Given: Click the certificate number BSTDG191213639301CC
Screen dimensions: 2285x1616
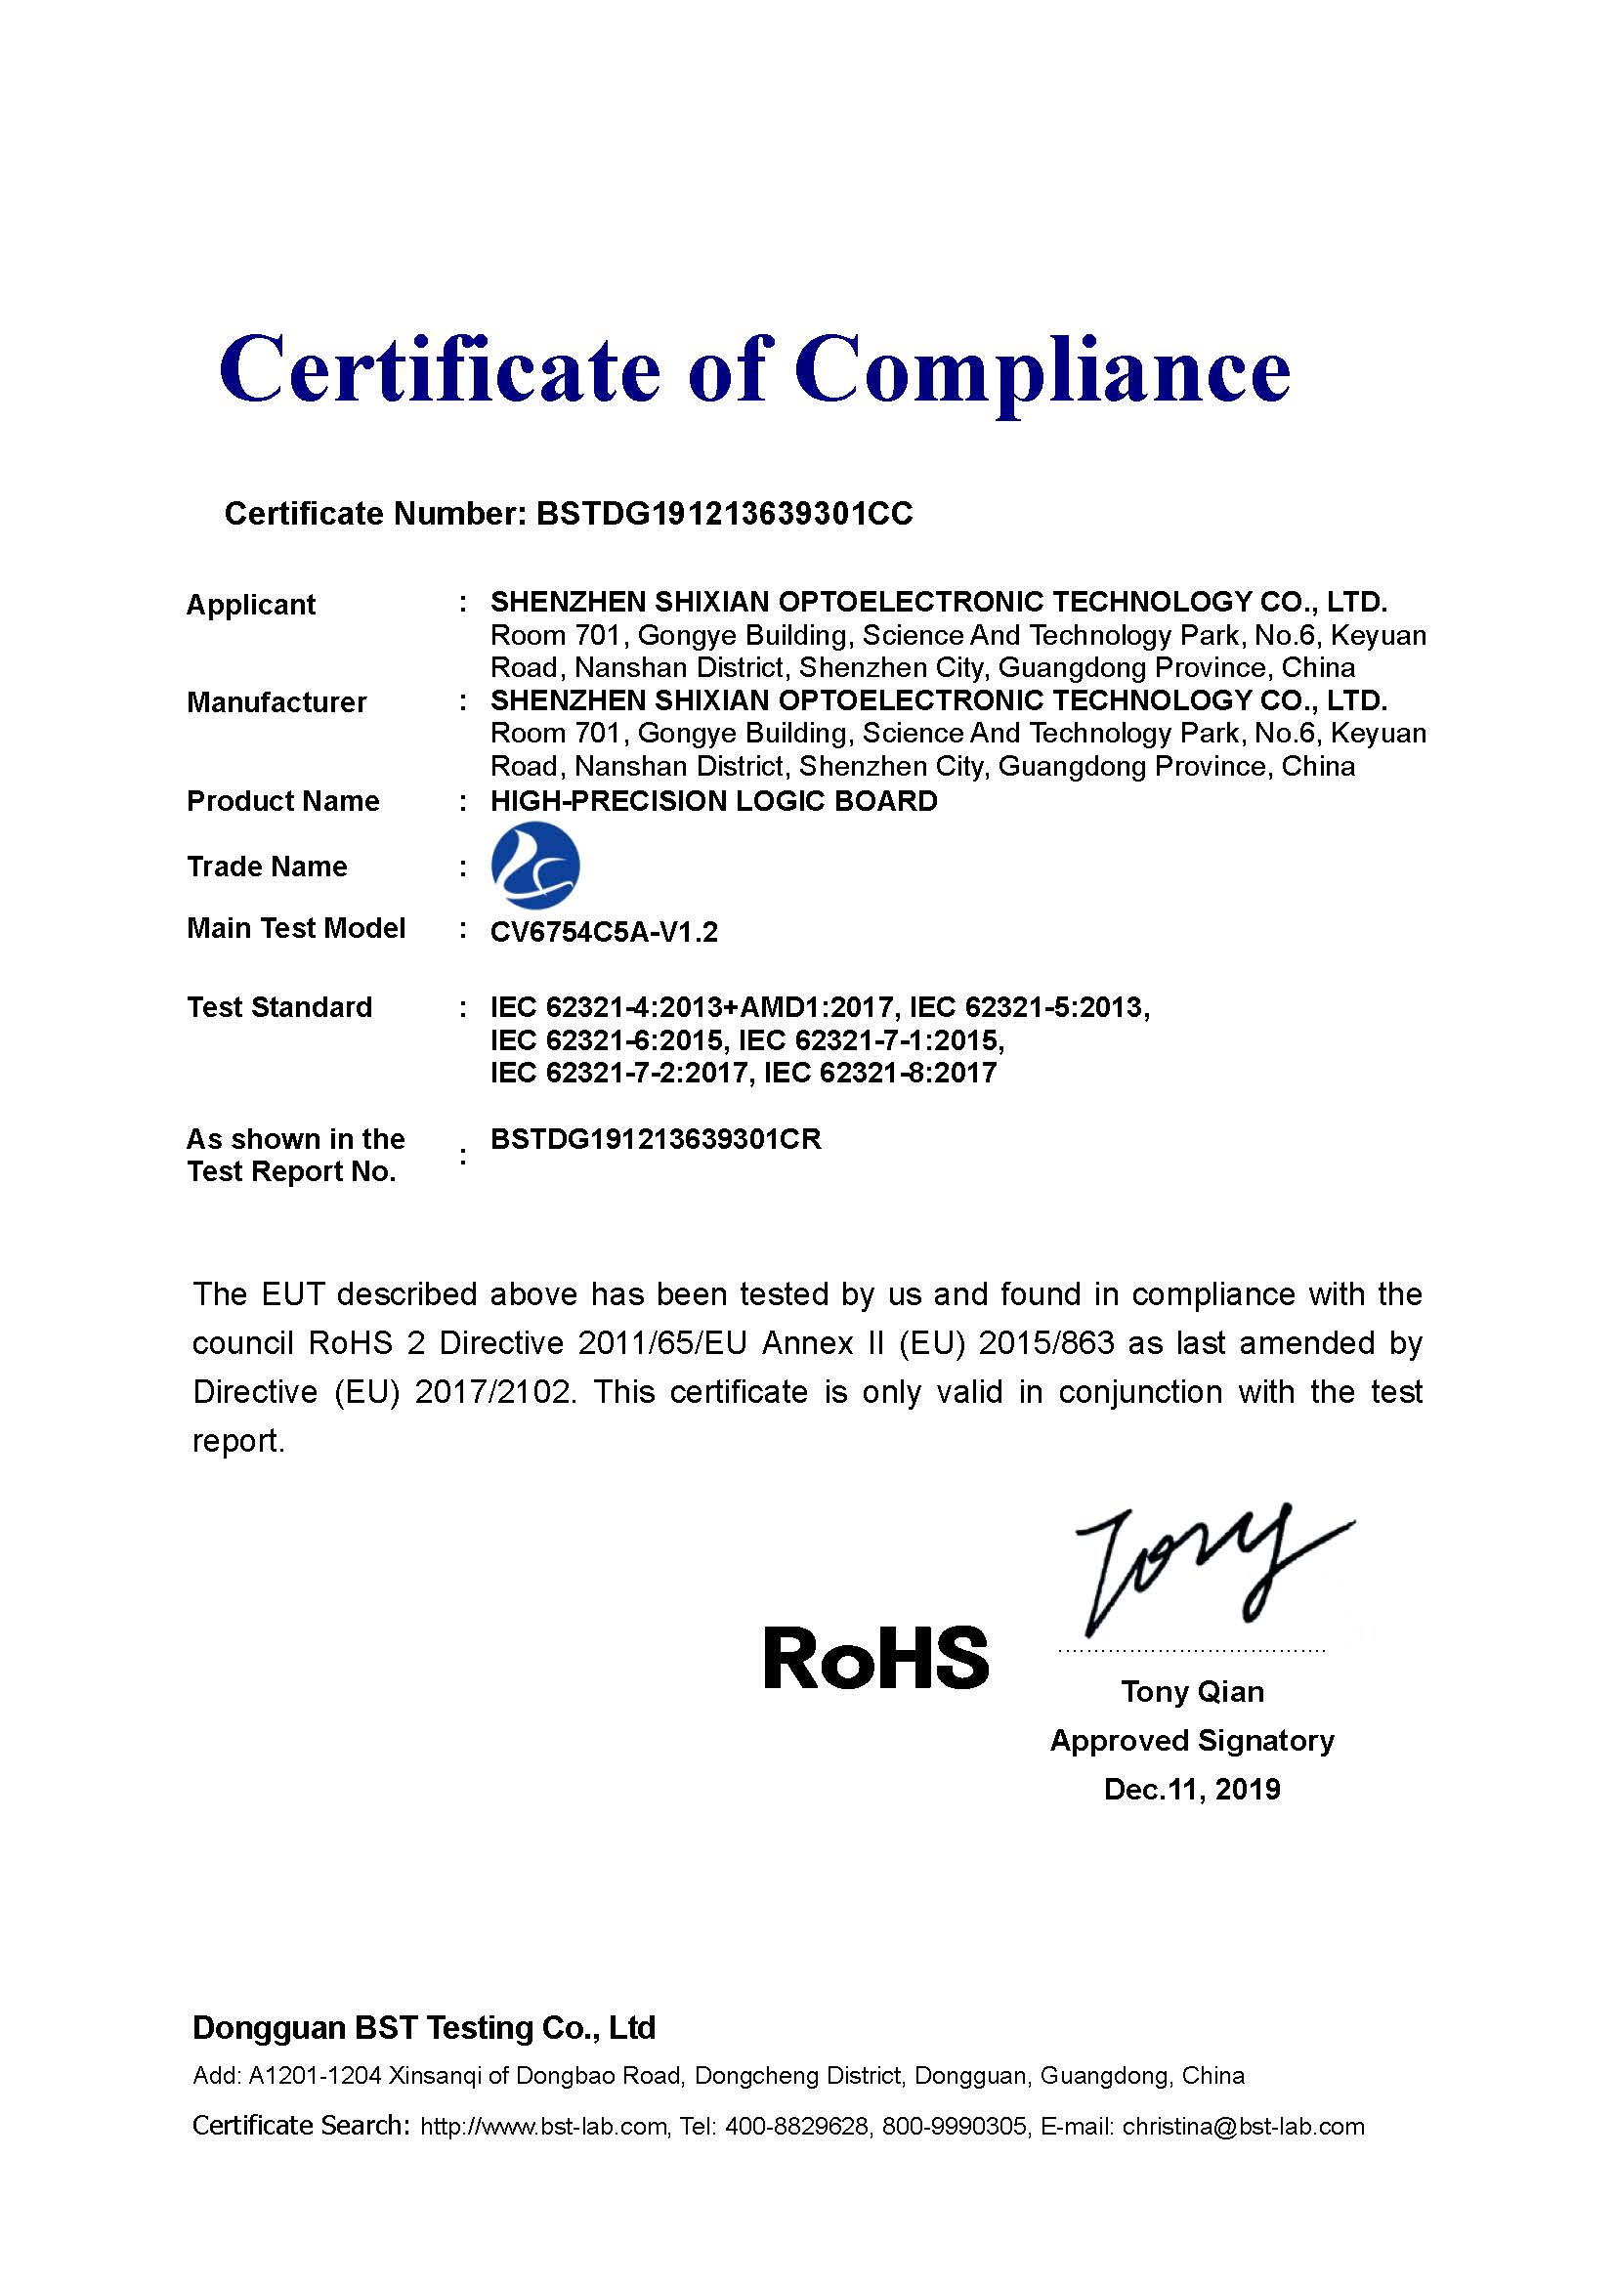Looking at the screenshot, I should click(x=723, y=514).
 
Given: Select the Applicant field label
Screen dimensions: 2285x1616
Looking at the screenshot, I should click(x=251, y=604).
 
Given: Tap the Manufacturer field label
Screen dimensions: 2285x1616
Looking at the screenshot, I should click(x=276, y=702).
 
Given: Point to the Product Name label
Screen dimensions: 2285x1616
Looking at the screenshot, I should click(x=282, y=801).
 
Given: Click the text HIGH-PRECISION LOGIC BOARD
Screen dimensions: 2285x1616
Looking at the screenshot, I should click(x=713, y=801).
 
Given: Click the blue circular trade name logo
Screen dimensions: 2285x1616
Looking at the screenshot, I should click(x=535, y=865).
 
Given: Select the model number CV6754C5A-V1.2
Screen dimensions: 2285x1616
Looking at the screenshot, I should click(x=604, y=933).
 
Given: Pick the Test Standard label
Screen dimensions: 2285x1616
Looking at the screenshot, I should click(x=279, y=1007).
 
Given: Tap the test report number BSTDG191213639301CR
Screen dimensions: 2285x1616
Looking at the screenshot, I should click(x=656, y=1139).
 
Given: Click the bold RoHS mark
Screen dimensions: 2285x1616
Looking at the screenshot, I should click(x=875, y=1658).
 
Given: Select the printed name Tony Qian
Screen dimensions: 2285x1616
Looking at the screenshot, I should click(x=1192, y=1692).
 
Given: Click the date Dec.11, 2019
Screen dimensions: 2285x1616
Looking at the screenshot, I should click(x=1192, y=1790).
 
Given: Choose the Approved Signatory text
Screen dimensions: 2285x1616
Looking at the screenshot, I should click(x=1192, y=1741).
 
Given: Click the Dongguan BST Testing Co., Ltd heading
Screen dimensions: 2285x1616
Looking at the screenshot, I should click(x=424, y=2028).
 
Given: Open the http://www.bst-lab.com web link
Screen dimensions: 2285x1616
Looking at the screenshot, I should click(x=543, y=2127).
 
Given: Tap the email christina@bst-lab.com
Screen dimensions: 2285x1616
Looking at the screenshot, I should click(x=1243, y=2127).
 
